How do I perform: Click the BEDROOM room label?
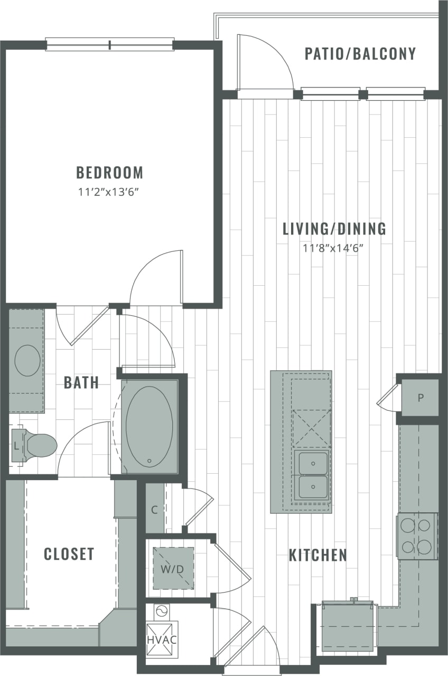tap(109, 173)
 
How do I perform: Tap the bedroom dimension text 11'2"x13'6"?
tap(109, 192)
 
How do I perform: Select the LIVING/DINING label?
tap(334, 229)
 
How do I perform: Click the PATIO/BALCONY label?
tap(360, 54)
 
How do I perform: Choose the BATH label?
tap(81, 382)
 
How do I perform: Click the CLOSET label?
tap(69, 554)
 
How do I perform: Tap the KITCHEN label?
tap(318, 555)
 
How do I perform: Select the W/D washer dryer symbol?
tap(173, 568)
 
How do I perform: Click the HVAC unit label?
tap(162, 640)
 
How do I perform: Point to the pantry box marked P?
tap(421, 398)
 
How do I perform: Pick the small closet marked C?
tap(154, 510)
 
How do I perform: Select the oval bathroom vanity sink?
tap(27, 360)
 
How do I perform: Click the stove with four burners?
tap(417, 536)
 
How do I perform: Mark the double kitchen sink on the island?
tap(312, 474)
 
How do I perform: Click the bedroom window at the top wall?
tap(110, 44)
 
